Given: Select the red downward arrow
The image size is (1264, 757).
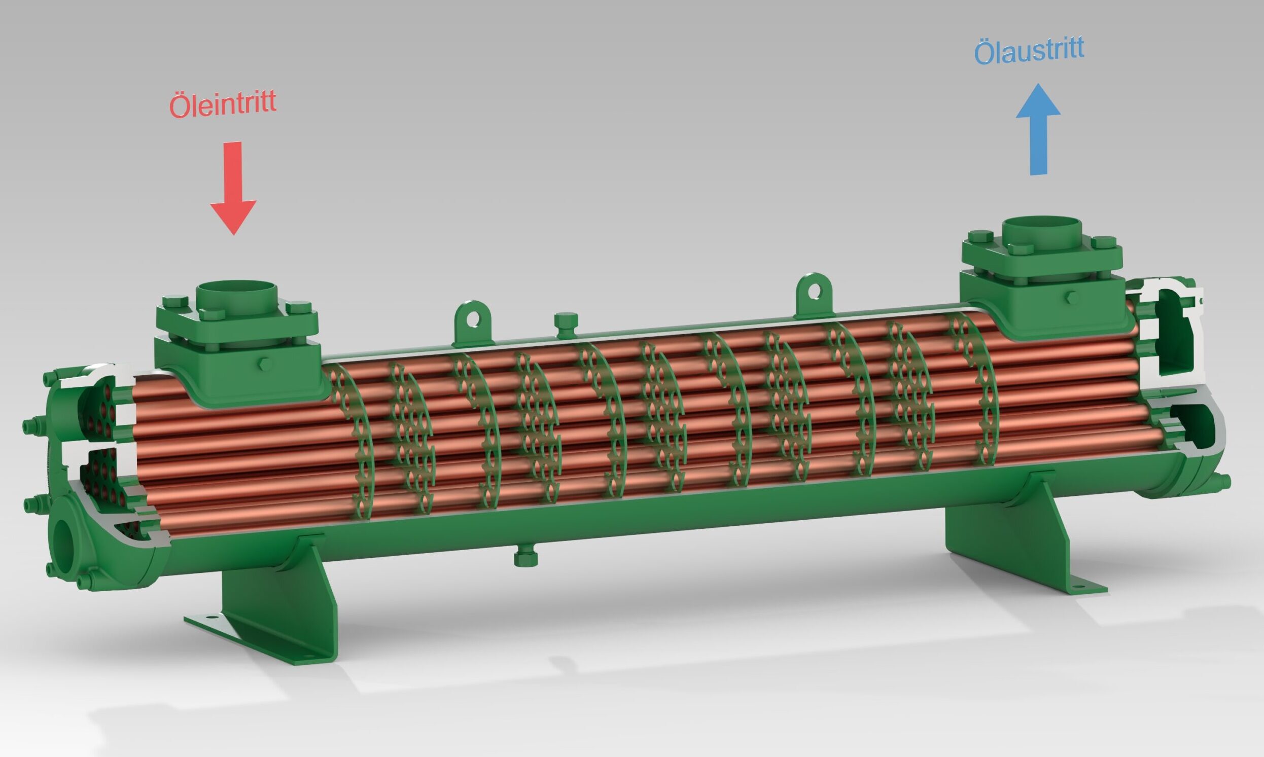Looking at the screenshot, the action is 233,188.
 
